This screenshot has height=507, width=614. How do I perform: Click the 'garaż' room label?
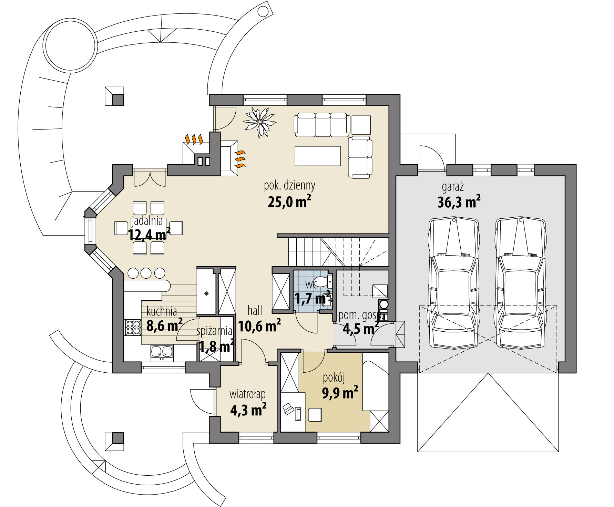pos(453,187)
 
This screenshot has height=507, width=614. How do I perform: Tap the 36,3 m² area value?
pos(459,202)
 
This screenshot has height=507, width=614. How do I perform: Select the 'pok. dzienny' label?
pos(289,186)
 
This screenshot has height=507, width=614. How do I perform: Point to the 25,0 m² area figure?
pos(289,201)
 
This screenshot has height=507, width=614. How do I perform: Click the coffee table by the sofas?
pos(318,156)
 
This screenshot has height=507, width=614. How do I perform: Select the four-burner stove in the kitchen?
pos(133,327)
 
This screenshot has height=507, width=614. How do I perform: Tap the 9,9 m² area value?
pos(340,392)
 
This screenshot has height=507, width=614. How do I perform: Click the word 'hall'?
pos(255,311)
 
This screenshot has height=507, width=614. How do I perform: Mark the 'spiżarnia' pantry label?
pos(214,331)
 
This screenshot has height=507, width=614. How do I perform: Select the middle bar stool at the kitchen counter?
pos(146,273)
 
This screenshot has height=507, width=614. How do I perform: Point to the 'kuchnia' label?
pos(162,311)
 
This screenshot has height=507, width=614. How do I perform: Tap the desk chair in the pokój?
pos(315,414)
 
